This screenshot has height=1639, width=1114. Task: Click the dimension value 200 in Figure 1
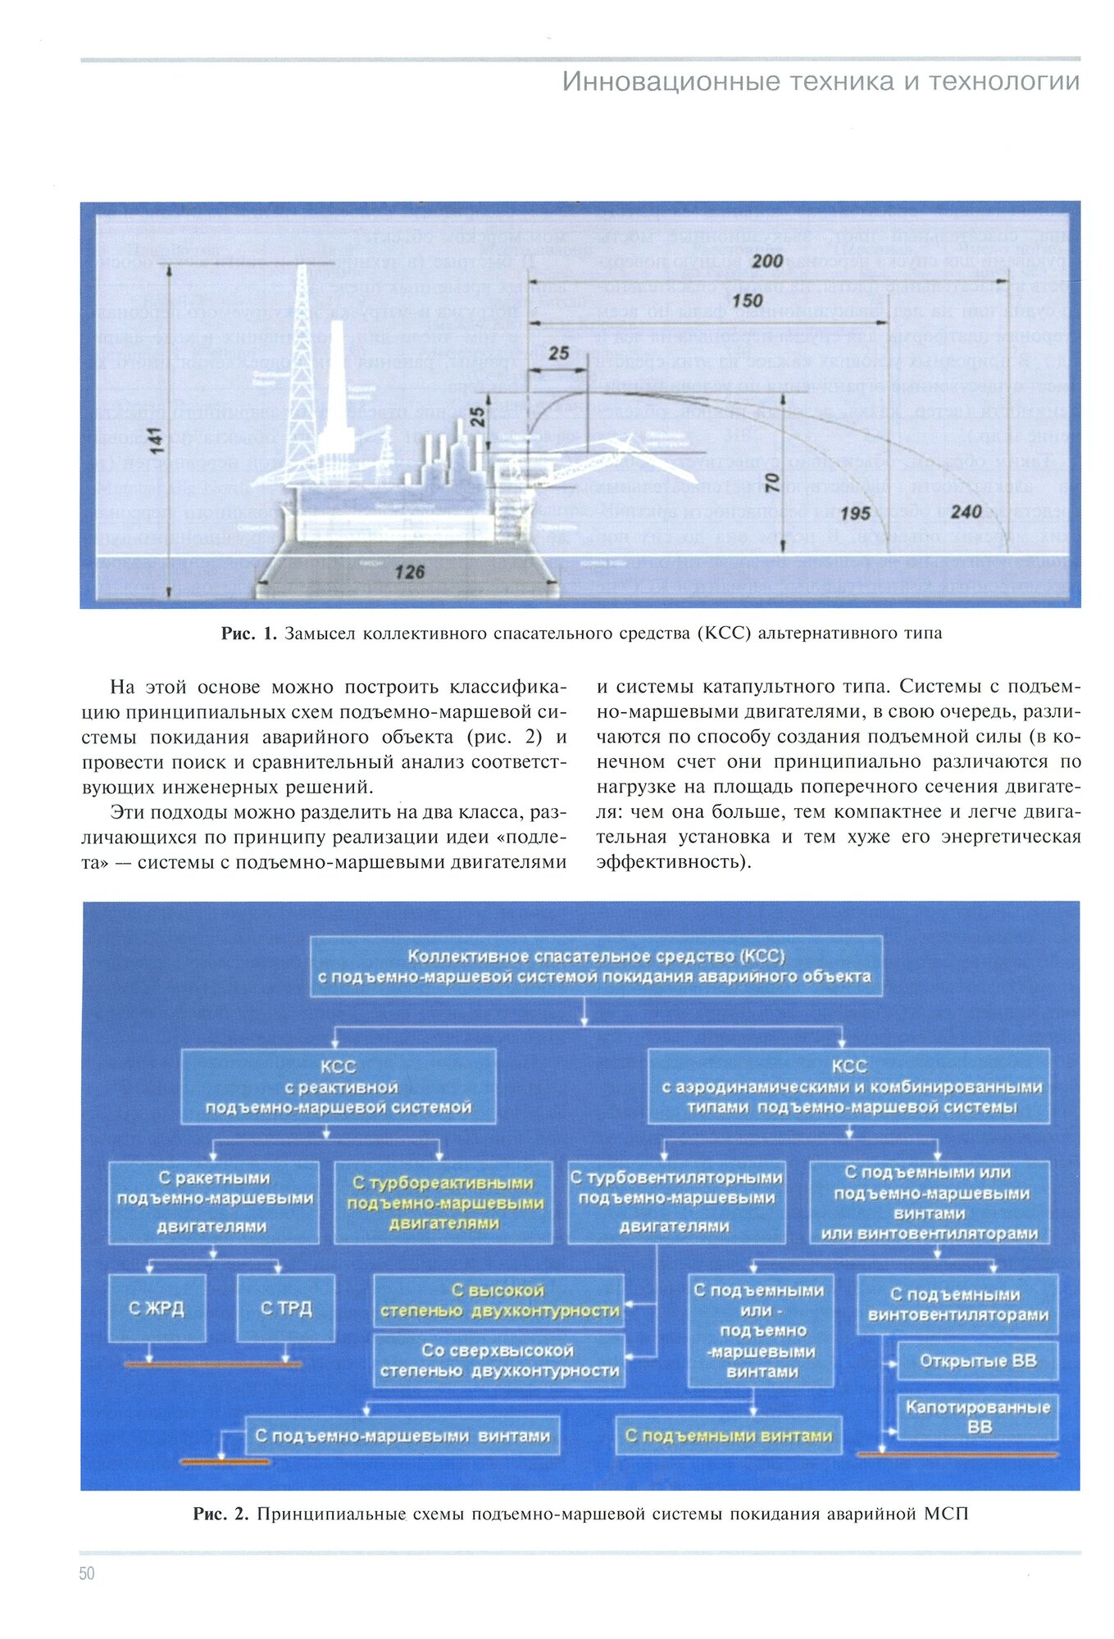coord(767,261)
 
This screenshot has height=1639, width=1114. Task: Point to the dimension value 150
coord(747,301)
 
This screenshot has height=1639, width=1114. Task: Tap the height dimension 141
coord(156,439)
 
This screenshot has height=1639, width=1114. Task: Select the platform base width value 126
coord(409,572)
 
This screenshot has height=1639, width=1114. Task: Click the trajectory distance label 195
coord(855,514)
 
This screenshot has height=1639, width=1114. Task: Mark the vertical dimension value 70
coord(771,484)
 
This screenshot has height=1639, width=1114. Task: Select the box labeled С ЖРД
coord(157,1308)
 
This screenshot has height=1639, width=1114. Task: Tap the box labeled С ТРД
coord(286,1308)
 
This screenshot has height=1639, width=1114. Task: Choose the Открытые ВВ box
coord(977,1361)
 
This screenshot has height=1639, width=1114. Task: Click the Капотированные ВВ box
coord(977,1416)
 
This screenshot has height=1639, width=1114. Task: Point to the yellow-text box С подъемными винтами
coord(728,1436)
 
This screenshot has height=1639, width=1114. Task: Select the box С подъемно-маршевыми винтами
coord(402,1436)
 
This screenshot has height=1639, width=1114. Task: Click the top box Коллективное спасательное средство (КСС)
coord(596,966)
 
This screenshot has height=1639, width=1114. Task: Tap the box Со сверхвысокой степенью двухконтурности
coord(499,1360)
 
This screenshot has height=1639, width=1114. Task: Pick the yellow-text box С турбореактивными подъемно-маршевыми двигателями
coord(443,1203)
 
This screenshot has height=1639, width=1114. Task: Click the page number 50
coord(87,1573)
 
